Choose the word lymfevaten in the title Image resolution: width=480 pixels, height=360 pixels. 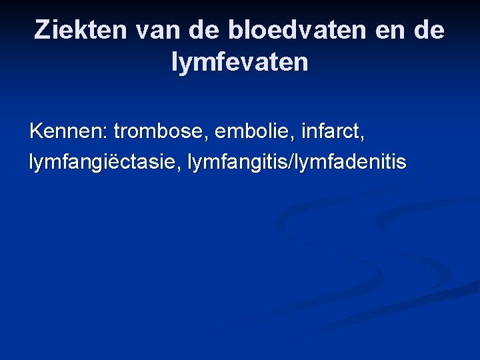click(240, 63)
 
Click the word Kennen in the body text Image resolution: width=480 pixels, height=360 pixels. click(65, 131)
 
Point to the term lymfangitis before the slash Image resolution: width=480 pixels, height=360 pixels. click(230, 163)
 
